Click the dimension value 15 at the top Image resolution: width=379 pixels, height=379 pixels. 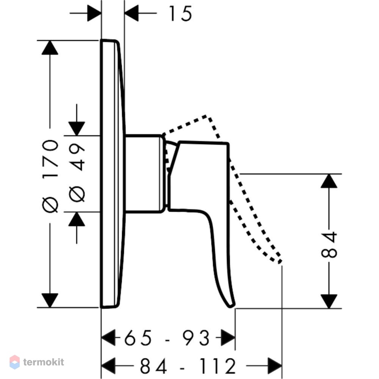coord(180,14)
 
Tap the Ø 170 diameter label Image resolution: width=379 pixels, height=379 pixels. coord(50,176)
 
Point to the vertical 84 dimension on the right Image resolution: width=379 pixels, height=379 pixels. coord(329,244)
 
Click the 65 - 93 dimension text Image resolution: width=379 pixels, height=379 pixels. coord(167,338)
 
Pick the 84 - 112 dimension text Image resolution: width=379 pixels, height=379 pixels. coord(188,366)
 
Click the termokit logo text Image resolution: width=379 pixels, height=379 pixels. coord(44,362)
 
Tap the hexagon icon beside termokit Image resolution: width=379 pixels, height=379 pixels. coord(14,362)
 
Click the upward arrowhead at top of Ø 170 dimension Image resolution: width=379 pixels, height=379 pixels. coord(50,48)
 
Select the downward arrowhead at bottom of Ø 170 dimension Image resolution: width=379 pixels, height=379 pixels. coord(50,301)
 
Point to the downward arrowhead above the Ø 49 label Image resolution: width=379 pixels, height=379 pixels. coord(77,128)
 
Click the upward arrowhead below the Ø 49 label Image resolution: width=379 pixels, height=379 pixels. coord(77,219)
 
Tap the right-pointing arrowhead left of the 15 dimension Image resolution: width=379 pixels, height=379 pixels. coord(94,13)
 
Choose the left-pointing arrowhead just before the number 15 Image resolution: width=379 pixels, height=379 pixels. coord(132,13)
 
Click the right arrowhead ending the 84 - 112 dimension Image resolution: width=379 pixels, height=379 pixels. coord(275,366)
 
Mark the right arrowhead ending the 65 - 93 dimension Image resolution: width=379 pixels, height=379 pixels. coord(228,337)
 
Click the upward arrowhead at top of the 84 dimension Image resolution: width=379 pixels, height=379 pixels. coord(329,181)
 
